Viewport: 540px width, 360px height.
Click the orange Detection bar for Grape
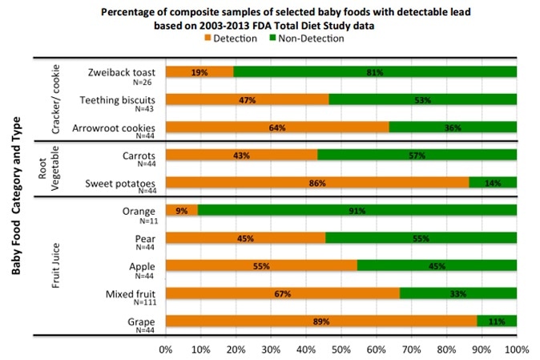(x=320, y=322)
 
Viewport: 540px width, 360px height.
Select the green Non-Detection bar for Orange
(x=357, y=211)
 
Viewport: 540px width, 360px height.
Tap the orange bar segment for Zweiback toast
(x=199, y=72)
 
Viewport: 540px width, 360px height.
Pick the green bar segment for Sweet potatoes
(x=493, y=183)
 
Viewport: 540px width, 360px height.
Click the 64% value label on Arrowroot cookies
(x=277, y=127)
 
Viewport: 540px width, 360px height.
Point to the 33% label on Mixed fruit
(x=458, y=294)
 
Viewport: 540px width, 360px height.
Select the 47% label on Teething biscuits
(x=247, y=99)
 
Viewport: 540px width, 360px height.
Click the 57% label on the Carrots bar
(x=417, y=155)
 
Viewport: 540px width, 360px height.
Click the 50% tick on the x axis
(x=341, y=350)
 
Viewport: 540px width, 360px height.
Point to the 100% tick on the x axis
(x=515, y=350)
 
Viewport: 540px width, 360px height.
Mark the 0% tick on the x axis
(x=166, y=350)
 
